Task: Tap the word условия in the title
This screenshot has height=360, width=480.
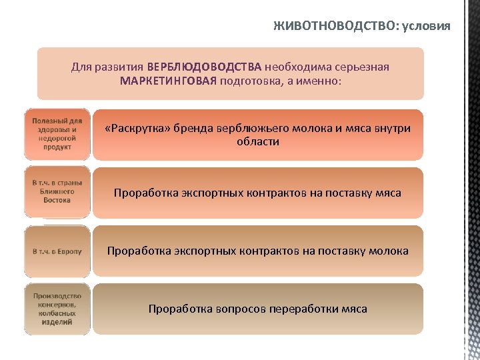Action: point(424,26)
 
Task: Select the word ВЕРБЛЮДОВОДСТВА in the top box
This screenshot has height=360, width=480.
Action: point(204,67)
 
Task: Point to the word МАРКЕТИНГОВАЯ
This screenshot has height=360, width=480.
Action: point(169,81)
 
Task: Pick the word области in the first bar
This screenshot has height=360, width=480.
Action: point(257,142)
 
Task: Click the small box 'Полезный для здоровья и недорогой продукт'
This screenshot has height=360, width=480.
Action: point(57,134)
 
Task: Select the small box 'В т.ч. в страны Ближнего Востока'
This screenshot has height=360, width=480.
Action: point(57,191)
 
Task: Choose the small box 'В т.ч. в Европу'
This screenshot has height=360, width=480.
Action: point(57,251)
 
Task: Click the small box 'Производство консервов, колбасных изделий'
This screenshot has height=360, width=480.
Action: point(57,309)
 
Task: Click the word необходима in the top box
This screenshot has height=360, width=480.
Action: point(295,67)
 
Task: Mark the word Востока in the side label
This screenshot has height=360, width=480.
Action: point(57,200)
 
